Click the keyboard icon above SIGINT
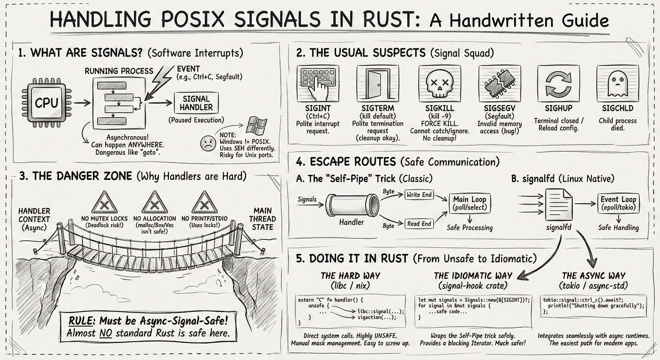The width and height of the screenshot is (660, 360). point(319,83)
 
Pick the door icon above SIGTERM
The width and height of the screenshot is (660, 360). point(378,83)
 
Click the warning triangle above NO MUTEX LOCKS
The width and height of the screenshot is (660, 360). point(104,203)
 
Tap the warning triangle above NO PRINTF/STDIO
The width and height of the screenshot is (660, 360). point(204,203)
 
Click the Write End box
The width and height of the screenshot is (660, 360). point(419,195)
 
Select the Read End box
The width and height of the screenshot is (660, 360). point(419,224)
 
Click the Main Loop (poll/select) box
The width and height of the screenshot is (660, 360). point(470,204)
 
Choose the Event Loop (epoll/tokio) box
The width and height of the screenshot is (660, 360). point(618,204)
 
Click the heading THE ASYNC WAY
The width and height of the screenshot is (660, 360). point(594,276)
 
